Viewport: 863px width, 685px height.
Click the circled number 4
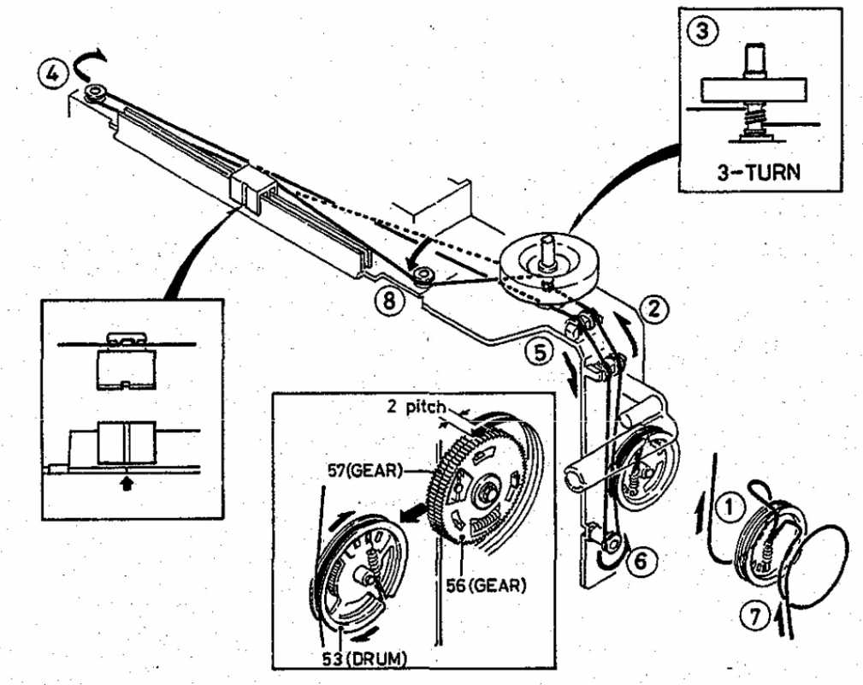coord(53,74)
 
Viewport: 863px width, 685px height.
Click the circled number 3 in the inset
coord(704,31)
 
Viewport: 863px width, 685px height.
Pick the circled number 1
coord(730,508)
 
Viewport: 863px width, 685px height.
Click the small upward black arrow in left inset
coord(127,484)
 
